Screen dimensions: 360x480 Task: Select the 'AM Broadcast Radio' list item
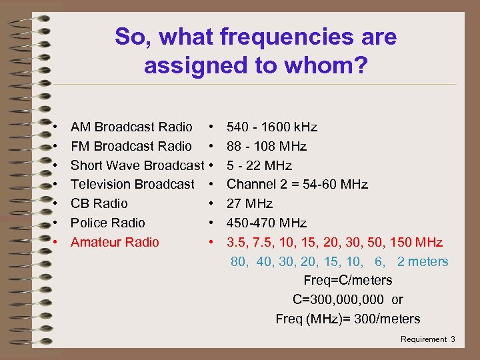[131, 127]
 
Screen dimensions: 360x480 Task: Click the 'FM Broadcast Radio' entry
[131, 146]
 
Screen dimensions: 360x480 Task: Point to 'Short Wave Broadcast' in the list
[137, 165]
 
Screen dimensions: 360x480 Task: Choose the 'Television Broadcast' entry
[133, 184]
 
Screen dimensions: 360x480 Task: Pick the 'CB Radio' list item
[99, 203]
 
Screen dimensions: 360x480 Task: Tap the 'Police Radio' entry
[107, 223]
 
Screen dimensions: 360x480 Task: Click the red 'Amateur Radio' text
[115, 242]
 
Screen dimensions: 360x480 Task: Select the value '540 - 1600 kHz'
[272, 127]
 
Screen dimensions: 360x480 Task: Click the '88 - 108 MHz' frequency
[267, 146]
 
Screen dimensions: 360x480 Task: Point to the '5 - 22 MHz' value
[259, 165]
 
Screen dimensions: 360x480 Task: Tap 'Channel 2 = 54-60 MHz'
[297, 184]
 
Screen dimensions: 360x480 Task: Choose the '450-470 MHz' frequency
[267, 223]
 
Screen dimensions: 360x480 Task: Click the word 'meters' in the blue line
[428, 261]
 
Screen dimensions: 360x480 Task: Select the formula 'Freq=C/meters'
[347, 280]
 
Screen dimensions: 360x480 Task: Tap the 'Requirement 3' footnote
[427, 339]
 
